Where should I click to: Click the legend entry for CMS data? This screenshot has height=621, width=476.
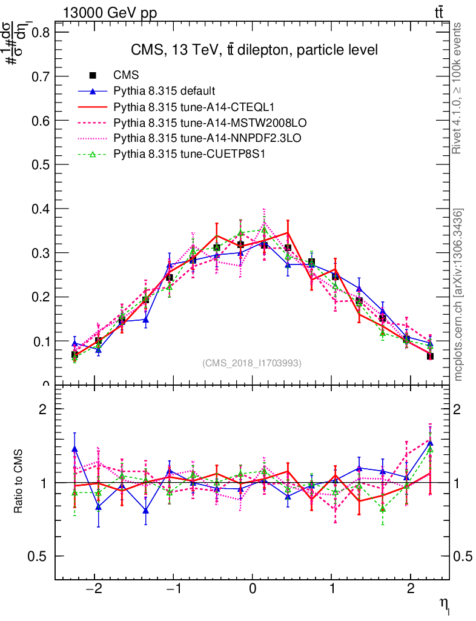(x=126, y=75)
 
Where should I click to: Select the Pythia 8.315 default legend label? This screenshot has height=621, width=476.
(x=164, y=92)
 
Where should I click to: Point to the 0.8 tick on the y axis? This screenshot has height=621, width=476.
(x=41, y=32)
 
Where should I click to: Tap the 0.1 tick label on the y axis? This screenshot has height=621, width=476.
(x=41, y=341)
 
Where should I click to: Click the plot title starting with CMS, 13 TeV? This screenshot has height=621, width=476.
(x=254, y=50)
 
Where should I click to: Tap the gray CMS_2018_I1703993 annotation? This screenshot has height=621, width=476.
(x=252, y=363)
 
